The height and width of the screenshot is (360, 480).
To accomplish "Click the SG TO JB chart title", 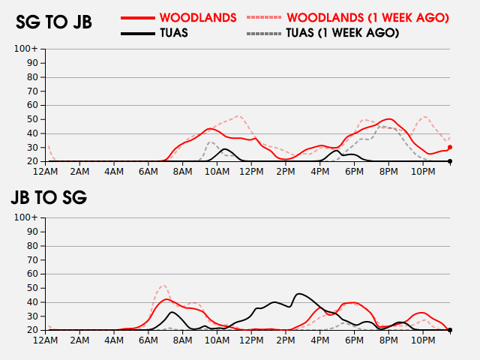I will click(54, 22).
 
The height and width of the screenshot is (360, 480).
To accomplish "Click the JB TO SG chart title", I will click(49, 198).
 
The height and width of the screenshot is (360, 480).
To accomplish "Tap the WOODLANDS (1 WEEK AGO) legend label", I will click(367, 17).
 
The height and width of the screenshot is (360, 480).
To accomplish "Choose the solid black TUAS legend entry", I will click(174, 33).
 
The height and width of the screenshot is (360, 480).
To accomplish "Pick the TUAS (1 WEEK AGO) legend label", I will click(343, 33).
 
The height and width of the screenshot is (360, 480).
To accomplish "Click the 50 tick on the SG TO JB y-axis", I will click(32, 119).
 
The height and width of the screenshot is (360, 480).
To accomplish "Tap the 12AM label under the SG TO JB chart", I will click(46, 172).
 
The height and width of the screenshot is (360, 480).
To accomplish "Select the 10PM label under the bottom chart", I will click(424, 340).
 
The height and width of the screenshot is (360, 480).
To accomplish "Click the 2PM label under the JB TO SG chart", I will click(286, 340).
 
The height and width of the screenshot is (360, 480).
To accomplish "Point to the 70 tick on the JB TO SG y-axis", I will click(32, 259).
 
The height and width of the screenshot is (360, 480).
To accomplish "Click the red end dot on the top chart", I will click(450, 148).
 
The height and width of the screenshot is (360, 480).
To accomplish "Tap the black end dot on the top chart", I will click(450, 161).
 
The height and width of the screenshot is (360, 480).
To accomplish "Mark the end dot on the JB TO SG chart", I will click(450, 330).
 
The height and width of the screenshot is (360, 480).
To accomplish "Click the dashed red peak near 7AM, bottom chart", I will click(164, 286).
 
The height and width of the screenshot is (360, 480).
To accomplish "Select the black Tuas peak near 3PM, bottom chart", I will click(300, 293).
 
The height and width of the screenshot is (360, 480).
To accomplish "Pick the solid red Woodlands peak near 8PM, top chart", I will click(388, 119).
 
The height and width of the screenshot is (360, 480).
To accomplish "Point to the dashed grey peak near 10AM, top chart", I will click(211, 142).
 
